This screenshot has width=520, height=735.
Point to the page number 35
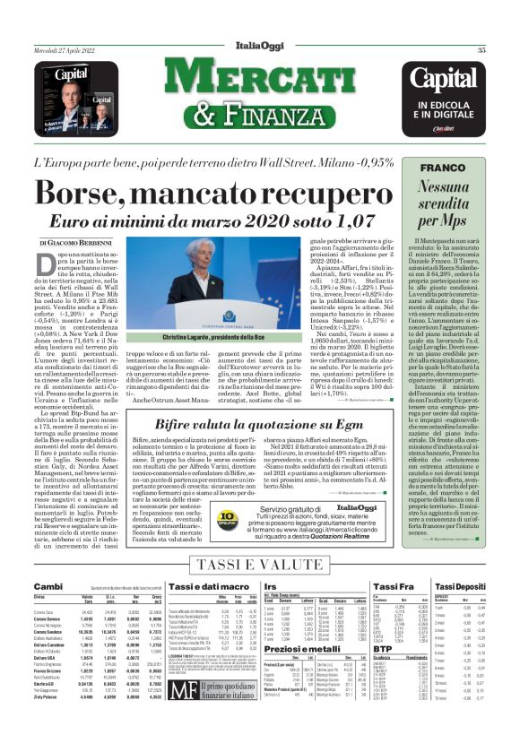point(506,50)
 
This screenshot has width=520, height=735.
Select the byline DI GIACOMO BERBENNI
point(80,243)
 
